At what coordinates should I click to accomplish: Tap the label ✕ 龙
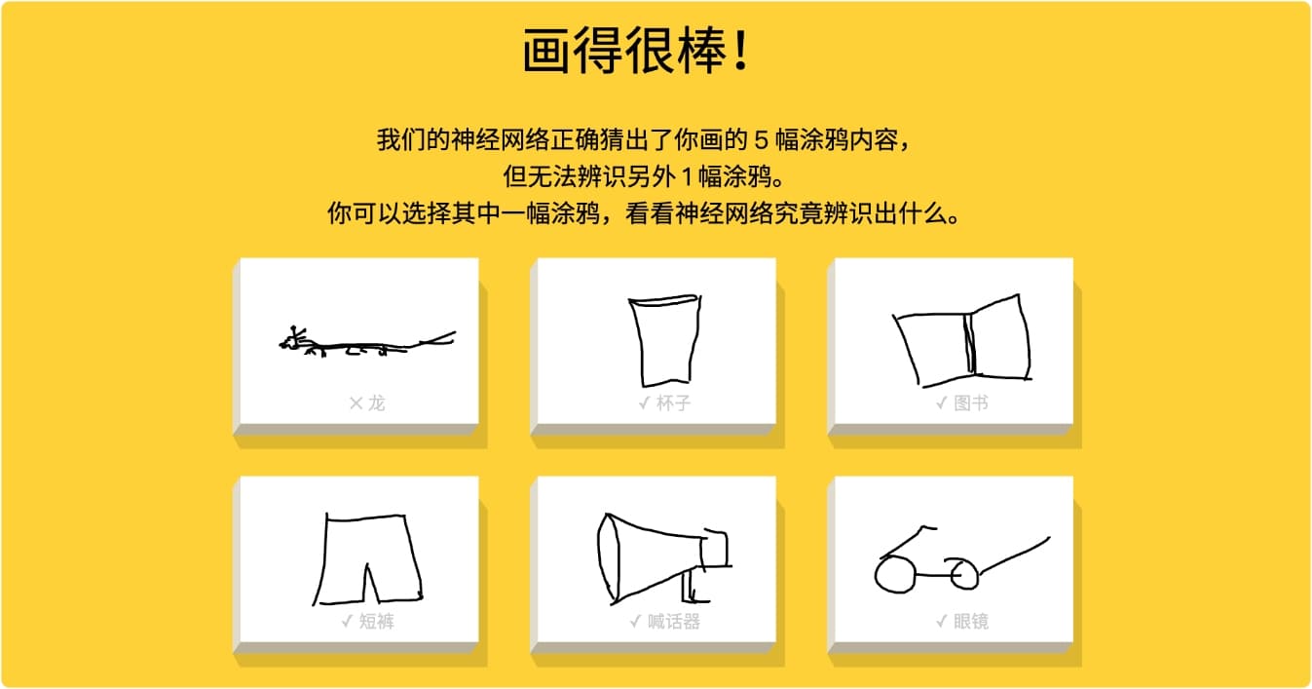pos(366,402)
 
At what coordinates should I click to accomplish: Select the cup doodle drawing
pos(664,341)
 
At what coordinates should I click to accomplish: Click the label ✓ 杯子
pos(664,402)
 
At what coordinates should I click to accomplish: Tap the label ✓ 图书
pos(962,402)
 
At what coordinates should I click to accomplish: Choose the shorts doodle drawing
pos(367,559)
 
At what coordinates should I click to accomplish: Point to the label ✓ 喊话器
pos(664,621)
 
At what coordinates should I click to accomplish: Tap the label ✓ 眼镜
pos(962,621)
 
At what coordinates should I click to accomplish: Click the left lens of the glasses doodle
pos(894,576)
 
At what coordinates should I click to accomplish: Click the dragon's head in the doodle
pos(293,341)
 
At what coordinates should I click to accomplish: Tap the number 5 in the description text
pos(762,139)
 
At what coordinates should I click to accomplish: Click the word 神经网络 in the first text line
pos(499,139)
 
